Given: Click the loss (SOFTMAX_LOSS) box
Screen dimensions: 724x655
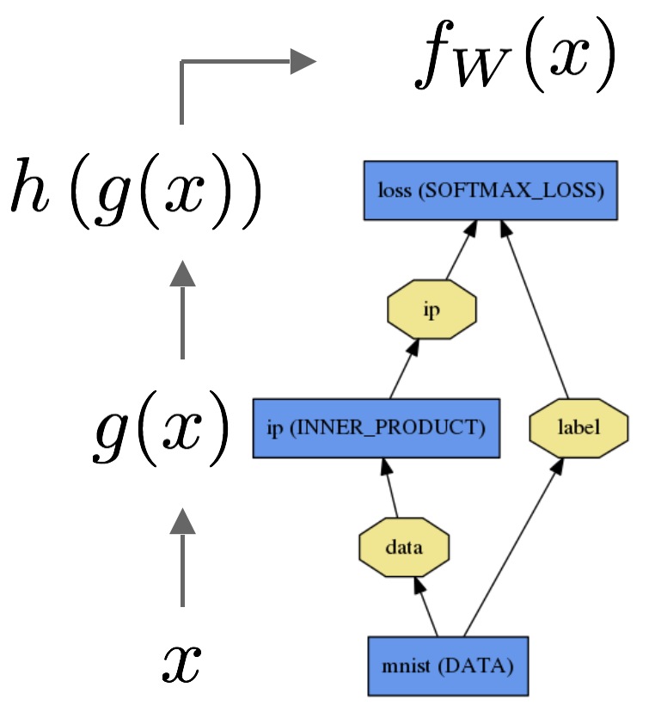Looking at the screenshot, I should [x=490, y=190].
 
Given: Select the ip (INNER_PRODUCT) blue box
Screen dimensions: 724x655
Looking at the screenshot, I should [x=376, y=427].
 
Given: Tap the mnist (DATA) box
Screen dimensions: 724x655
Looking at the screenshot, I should [x=447, y=665].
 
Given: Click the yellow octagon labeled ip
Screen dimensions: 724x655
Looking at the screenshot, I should [x=432, y=310].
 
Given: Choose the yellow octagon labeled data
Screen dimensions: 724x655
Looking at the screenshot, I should [x=404, y=547].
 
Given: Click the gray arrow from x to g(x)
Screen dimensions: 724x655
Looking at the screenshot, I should [x=182, y=559].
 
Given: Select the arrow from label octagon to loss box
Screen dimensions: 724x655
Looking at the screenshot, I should [x=535, y=309].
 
